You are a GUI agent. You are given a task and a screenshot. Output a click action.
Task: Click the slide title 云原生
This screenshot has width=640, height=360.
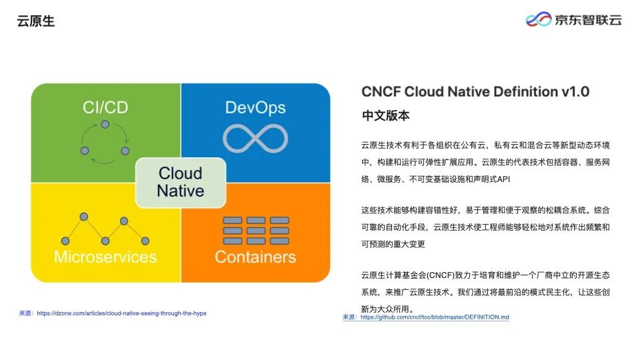click(x=36, y=21)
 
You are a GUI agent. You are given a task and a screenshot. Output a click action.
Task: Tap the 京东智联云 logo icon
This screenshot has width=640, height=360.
click(x=539, y=19)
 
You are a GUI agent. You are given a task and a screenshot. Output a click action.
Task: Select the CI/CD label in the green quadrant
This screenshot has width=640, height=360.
click(x=105, y=107)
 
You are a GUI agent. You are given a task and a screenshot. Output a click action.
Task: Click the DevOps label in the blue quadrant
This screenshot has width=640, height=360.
click(x=255, y=107)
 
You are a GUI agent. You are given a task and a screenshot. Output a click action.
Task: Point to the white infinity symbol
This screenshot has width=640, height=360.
click(x=255, y=138)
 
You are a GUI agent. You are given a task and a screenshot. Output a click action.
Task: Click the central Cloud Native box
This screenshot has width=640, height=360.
click(x=181, y=182)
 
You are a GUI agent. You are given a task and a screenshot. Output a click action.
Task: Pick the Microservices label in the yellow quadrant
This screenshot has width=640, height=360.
click(x=105, y=257)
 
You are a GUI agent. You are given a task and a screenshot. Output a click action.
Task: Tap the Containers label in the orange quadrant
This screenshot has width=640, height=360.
click(x=255, y=257)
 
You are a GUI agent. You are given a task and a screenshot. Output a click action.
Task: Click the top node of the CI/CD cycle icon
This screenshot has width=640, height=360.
click(x=105, y=125)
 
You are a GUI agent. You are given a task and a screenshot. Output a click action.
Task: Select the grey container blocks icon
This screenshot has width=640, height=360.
click(x=255, y=230)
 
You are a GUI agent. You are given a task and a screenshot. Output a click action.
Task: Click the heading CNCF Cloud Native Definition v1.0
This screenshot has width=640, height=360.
click(x=475, y=92)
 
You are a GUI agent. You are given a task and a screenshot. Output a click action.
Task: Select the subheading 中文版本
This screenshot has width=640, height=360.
click(x=385, y=115)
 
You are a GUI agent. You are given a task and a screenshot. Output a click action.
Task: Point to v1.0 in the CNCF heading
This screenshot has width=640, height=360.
click(x=575, y=92)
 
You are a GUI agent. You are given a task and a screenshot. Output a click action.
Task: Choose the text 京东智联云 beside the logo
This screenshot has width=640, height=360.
click(x=588, y=20)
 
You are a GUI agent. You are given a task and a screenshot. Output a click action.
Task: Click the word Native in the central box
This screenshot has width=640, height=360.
click(x=181, y=191)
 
